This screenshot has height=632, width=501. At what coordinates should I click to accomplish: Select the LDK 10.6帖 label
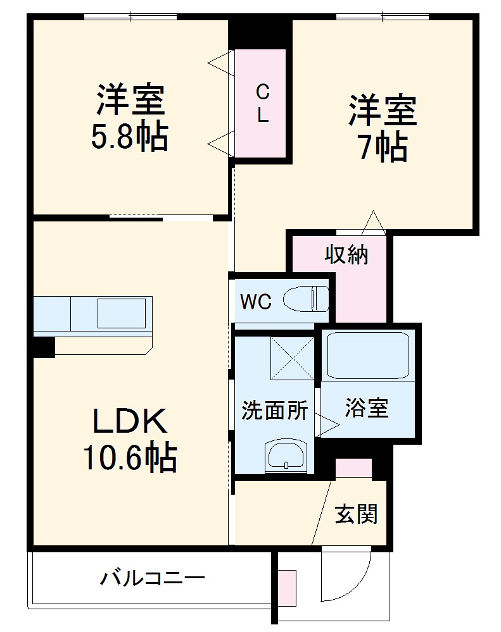(130, 440)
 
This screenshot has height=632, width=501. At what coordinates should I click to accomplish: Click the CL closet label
(262, 104)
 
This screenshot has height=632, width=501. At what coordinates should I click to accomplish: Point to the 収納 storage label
(346, 255)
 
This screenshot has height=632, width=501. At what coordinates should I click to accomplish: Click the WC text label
(256, 302)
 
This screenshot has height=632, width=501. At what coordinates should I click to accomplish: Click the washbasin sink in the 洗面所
(285, 455)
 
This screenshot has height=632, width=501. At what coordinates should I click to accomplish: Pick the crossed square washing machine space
(292, 359)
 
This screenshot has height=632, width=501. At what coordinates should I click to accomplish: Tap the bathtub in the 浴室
(367, 355)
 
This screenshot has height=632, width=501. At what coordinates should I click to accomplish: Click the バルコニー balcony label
(152, 578)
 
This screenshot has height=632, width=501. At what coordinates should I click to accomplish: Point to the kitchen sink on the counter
(121, 313)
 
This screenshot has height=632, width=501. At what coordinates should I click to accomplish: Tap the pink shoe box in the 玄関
(353, 468)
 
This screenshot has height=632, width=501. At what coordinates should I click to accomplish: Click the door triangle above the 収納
(372, 223)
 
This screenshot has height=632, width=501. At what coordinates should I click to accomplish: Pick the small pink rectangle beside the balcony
(287, 589)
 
